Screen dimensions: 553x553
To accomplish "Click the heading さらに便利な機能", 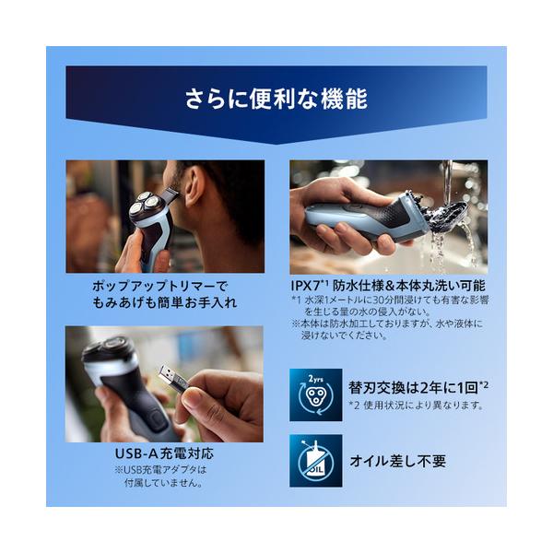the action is [x=276, y=99].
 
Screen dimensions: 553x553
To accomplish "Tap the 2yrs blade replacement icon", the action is [x=315, y=394].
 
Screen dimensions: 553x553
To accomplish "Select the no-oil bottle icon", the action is [x=315, y=461].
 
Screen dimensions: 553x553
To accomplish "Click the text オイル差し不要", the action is [x=398, y=461].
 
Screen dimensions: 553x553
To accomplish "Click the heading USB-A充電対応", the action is [x=164, y=453].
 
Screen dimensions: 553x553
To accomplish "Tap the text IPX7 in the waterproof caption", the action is [x=305, y=285].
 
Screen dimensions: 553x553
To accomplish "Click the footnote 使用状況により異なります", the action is [x=423, y=406].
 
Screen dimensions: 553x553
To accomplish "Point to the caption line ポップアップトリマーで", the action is [x=160, y=286].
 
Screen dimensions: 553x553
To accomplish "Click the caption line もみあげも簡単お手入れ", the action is [x=164, y=303].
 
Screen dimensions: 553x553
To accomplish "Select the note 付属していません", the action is [x=164, y=483].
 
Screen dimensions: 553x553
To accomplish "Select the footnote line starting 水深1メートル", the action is [x=390, y=300].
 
